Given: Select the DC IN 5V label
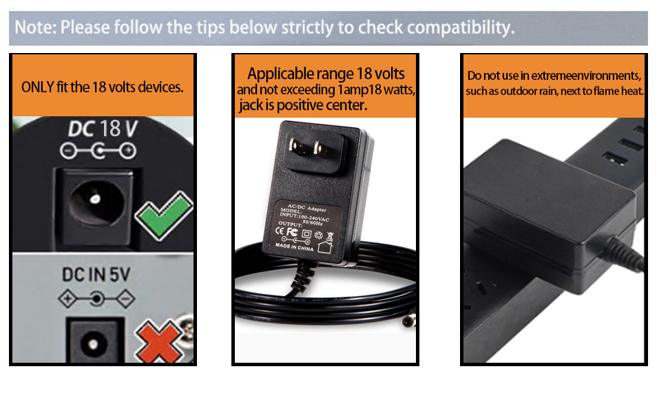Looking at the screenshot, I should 96,275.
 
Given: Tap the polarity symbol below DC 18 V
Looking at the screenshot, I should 97,151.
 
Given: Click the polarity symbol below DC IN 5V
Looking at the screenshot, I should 97,299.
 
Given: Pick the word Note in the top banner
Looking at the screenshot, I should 34,28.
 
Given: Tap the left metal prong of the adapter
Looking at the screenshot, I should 297,146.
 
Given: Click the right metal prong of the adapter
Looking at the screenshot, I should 319,147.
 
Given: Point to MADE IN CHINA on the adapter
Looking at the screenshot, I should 294,247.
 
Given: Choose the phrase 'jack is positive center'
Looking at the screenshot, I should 303,105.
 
